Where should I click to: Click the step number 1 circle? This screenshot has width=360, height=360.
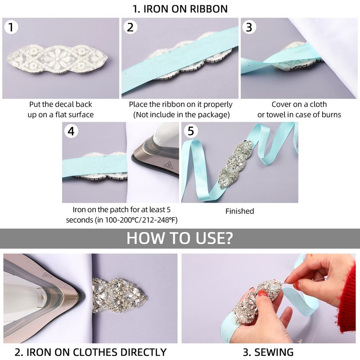click(x=11, y=27)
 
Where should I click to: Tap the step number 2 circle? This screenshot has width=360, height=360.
click(x=130, y=27)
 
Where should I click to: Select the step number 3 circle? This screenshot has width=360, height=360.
click(x=249, y=27)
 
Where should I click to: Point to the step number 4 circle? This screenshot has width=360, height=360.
click(x=71, y=131)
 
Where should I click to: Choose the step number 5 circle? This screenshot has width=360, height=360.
click(x=191, y=131)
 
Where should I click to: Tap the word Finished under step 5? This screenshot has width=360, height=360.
click(x=240, y=211)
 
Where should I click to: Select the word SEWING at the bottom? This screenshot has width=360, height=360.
click(x=274, y=352)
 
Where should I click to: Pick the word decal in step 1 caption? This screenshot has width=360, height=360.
click(x=65, y=104)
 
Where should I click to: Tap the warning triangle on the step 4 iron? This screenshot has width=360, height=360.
click(x=168, y=165)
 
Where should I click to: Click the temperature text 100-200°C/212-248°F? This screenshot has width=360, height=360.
click(x=141, y=220)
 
